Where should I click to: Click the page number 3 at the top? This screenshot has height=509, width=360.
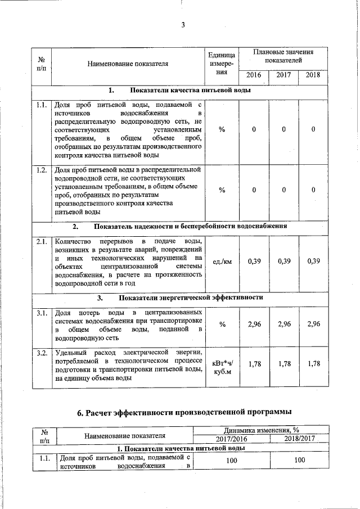pyautogui.click(x=183, y=25)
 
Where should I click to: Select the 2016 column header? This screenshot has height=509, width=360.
pyautogui.click(x=254, y=75)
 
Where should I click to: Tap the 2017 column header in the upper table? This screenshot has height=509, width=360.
pyautogui.click(x=284, y=75)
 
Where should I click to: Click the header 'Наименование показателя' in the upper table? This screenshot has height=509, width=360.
pyautogui.click(x=128, y=63)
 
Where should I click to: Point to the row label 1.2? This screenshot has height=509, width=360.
pyautogui.click(x=40, y=169)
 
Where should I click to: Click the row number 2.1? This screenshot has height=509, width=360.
pyautogui.click(x=40, y=241)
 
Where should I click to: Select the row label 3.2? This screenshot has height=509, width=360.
pyautogui.click(x=40, y=353)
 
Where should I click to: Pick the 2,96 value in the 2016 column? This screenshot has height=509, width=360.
pyautogui.click(x=254, y=324)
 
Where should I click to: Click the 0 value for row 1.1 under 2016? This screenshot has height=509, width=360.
pyautogui.click(x=254, y=130)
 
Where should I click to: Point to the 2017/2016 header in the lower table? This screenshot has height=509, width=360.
pyautogui.click(x=231, y=439)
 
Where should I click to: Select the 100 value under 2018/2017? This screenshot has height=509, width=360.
pyautogui.click(x=299, y=461)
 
